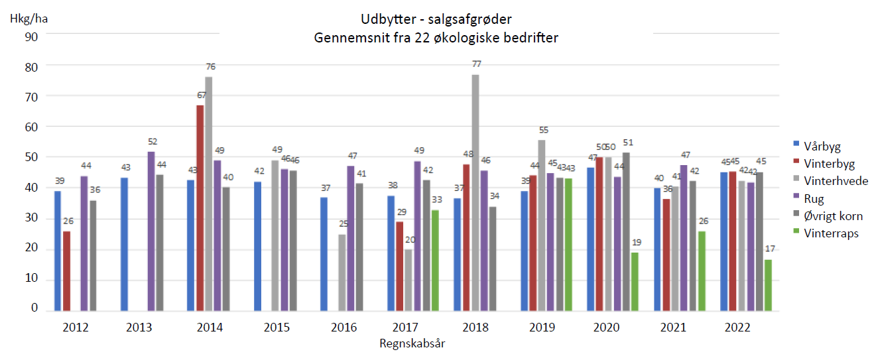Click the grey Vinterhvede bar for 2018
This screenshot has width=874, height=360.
coord(475,192)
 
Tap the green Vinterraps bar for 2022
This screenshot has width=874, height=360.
coord(768,284)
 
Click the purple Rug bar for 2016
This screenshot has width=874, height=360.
coord(351,238)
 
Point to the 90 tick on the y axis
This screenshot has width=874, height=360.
coord(31,36)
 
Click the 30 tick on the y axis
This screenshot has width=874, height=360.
coord(31,218)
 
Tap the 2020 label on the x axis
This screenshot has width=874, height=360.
coord(606,328)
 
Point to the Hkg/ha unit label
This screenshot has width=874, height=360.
coord(29,18)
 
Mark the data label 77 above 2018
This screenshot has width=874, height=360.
coord(476,64)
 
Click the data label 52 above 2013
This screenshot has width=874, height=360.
coord(152,142)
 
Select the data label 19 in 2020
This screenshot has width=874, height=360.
coord(635,243)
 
